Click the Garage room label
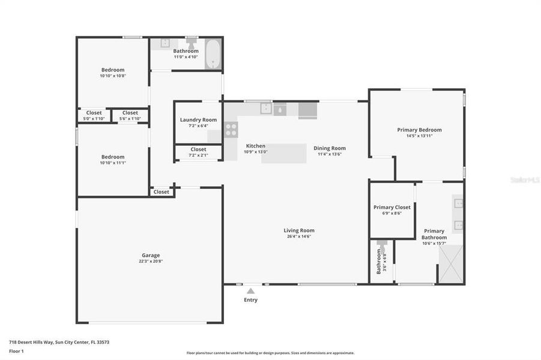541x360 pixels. [150, 255]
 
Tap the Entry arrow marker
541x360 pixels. [250, 291]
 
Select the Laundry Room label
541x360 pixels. [198, 120]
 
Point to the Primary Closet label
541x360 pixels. [391, 207]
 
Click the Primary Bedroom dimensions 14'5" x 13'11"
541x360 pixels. [419, 136]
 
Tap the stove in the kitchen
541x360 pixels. [231, 130]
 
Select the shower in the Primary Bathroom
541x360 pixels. [451, 264]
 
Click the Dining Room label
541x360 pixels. [330, 148]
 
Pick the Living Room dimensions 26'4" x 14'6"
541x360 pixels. [298, 236]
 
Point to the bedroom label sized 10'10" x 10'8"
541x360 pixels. [112, 76]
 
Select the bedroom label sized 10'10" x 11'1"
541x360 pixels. [112, 163]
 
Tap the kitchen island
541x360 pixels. [284, 153]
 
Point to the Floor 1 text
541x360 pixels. [16, 351]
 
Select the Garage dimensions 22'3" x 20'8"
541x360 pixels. [150, 262]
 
